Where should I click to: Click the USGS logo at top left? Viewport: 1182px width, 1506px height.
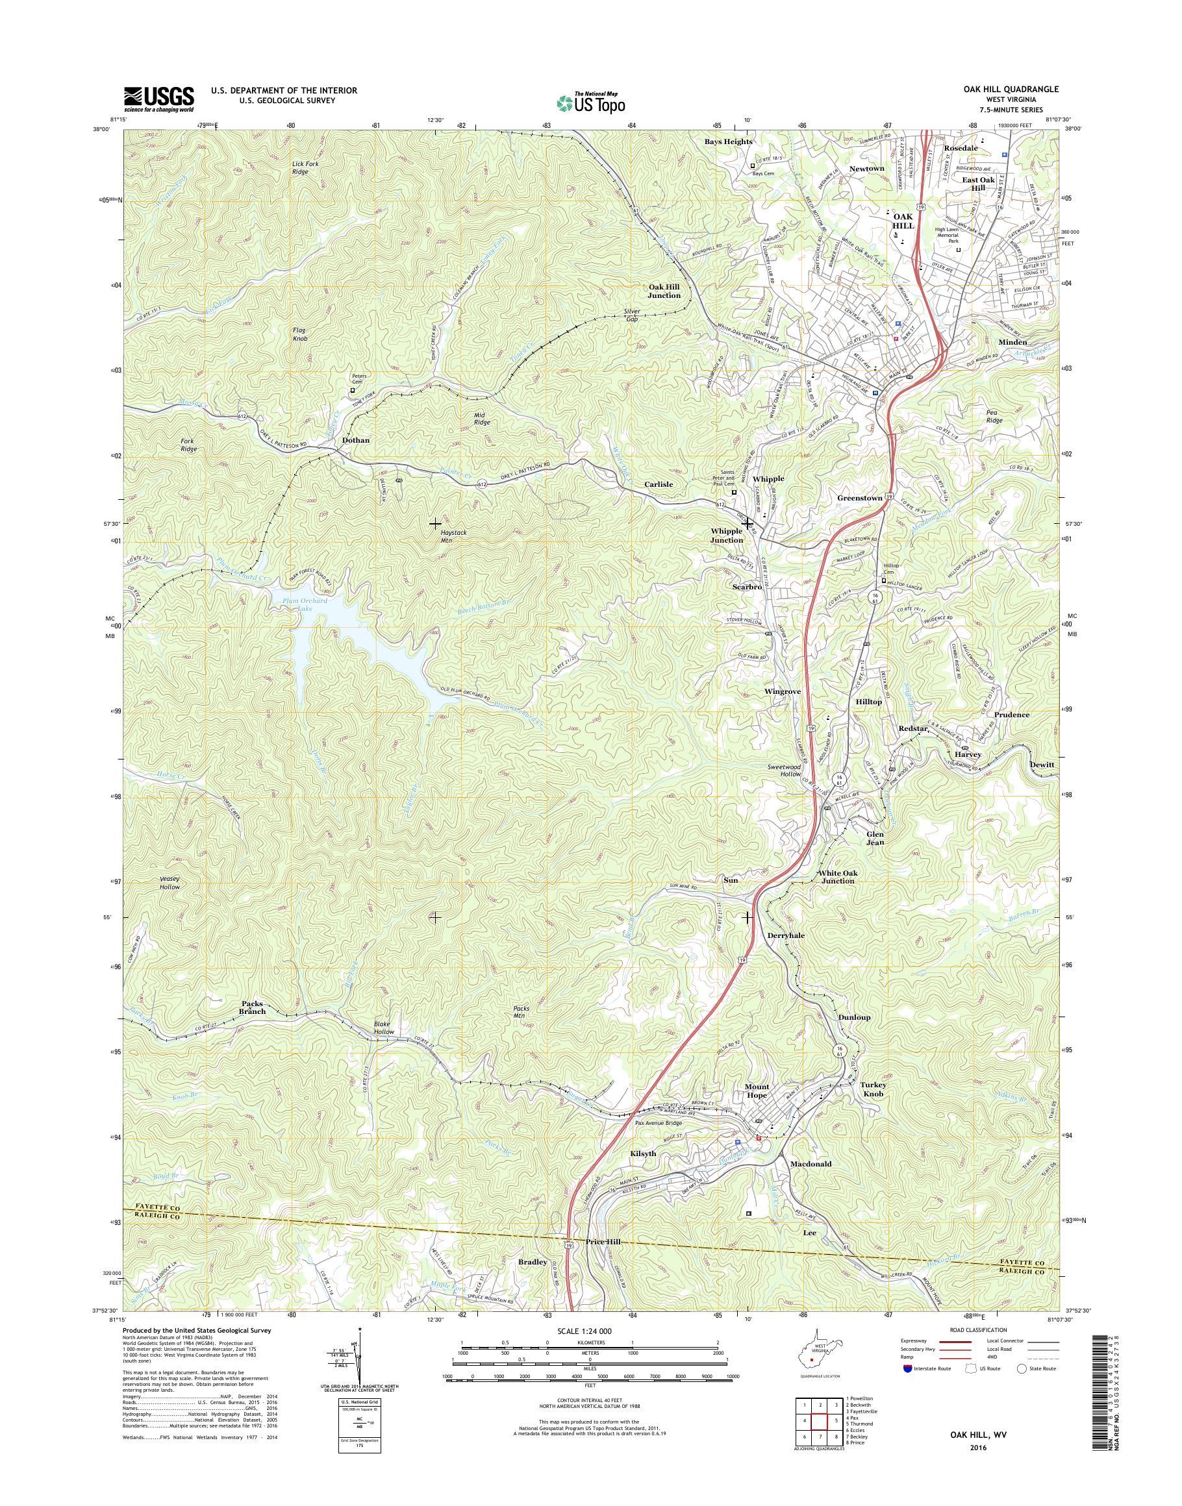(158, 99)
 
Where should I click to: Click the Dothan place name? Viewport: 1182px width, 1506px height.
(356, 440)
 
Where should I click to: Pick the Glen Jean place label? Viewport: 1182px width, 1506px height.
(875, 839)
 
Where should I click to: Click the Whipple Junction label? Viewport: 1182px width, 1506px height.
(726, 535)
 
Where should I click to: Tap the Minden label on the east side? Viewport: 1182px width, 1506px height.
(1012, 341)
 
